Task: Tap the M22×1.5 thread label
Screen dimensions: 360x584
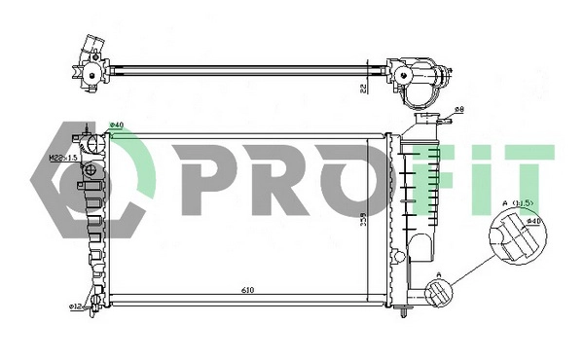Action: pyautogui.click(x=62, y=156)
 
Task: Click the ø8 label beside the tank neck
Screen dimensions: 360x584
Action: pyautogui.click(x=458, y=111)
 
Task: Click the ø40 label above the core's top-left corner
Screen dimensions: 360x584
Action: pyautogui.click(x=116, y=125)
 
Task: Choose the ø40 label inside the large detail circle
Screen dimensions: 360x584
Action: pyautogui.click(x=532, y=222)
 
